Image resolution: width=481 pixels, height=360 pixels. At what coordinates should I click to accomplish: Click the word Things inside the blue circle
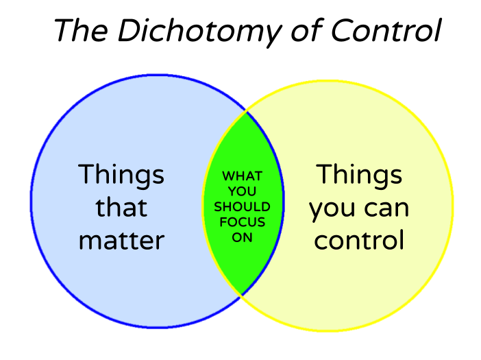click(121, 176)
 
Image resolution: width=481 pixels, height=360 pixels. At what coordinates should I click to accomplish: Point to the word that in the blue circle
click(121, 207)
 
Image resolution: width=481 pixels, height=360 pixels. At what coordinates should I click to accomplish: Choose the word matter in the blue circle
click(121, 240)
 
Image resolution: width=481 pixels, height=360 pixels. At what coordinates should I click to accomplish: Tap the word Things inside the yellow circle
click(359, 176)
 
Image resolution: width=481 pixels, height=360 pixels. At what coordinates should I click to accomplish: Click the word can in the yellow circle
click(386, 208)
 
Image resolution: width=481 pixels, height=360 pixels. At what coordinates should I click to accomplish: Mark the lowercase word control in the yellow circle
click(359, 240)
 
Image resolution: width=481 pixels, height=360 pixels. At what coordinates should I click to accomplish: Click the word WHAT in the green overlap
click(242, 176)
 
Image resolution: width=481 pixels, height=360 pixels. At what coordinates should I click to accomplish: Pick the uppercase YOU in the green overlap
click(242, 191)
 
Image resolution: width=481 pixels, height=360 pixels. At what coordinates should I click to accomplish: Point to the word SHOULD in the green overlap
click(242, 206)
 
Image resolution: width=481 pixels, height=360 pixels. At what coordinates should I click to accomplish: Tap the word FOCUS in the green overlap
click(242, 222)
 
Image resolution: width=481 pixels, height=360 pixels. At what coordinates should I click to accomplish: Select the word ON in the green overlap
click(242, 237)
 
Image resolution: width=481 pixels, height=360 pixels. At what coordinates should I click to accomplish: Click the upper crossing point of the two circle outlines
click(246, 110)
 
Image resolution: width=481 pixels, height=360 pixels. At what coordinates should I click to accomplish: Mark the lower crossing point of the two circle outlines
click(241, 296)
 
